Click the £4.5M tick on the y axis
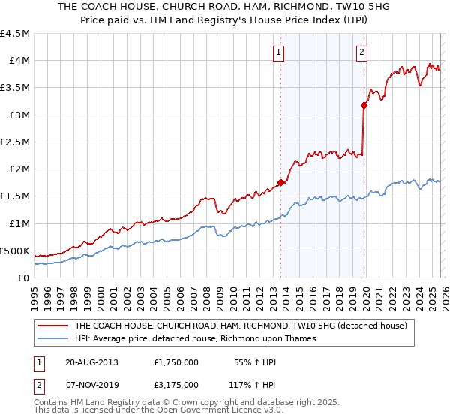point(15,34)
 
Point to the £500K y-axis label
point(15,250)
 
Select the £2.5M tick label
point(15,142)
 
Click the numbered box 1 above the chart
point(278,52)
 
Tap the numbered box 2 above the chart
point(361,52)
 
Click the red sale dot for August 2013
point(281,182)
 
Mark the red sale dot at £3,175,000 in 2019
point(364,106)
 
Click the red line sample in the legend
point(52,326)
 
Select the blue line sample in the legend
point(52,338)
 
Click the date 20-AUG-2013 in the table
point(93,361)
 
